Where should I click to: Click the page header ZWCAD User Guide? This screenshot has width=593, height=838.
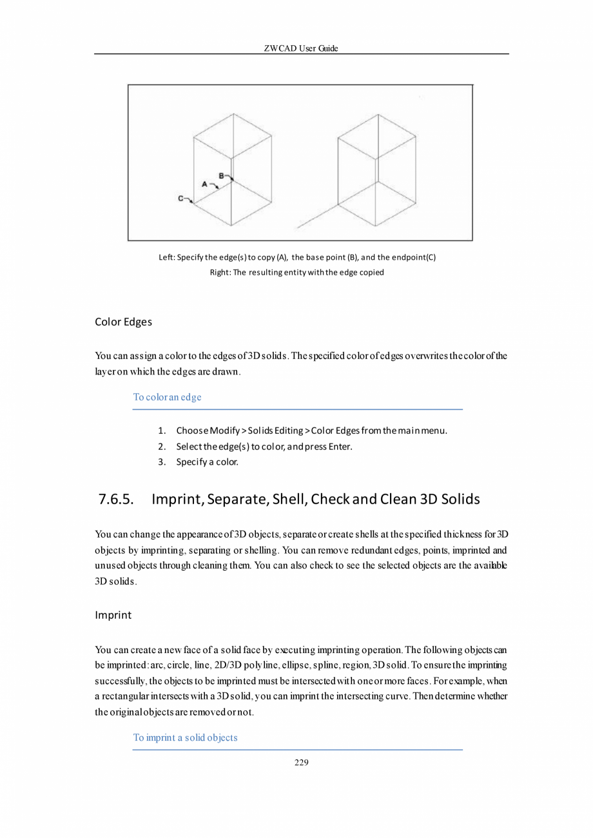point(301,48)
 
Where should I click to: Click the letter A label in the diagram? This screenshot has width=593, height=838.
point(205,184)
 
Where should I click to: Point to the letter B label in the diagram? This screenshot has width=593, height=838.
point(221,175)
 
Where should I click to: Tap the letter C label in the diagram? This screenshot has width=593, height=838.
point(181,199)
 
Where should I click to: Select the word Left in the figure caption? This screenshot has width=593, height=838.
point(166,257)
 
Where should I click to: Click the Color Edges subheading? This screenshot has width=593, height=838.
point(123,321)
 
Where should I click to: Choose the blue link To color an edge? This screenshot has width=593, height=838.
point(167,397)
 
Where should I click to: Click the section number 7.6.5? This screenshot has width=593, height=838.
point(117,500)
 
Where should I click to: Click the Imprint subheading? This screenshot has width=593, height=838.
point(113,615)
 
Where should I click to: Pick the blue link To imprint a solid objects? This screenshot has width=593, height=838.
point(185,737)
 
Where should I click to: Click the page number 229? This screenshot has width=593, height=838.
point(301,763)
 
